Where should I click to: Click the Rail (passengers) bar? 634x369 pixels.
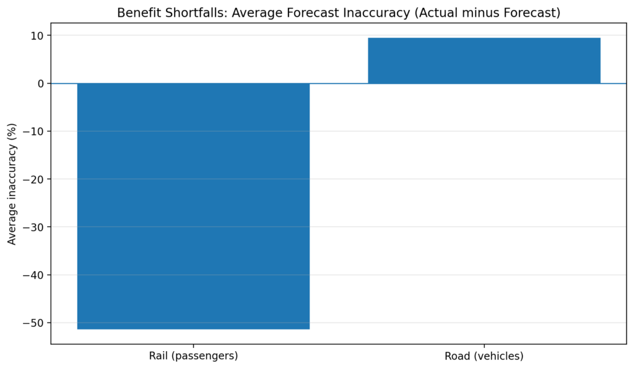(x=193, y=206)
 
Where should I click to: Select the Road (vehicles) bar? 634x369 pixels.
(x=484, y=61)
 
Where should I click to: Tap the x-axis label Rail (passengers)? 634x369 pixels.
(x=193, y=356)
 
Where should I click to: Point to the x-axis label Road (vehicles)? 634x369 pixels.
(x=484, y=356)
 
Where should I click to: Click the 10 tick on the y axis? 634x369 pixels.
(x=37, y=36)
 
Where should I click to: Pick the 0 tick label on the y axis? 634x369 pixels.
(x=41, y=83)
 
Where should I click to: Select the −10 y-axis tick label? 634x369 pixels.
(x=35, y=132)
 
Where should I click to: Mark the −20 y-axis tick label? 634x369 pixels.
(x=35, y=179)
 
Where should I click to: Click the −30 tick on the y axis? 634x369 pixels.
(x=35, y=227)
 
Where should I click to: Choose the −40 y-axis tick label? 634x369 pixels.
(x=35, y=275)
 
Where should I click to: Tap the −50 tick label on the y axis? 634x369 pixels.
(x=35, y=323)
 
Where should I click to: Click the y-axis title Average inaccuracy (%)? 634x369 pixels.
(x=12, y=183)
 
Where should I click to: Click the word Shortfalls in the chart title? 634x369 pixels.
(x=185, y=13)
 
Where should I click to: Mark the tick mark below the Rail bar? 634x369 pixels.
(x=193, y=346)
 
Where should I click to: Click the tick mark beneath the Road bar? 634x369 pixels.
(x=484, y=346)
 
